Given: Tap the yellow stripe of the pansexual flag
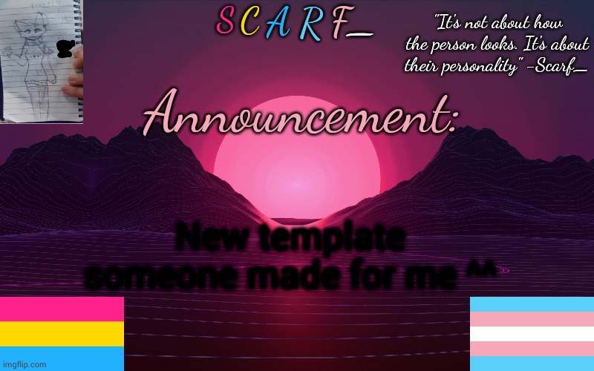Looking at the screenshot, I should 62,333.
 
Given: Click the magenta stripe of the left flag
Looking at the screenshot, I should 62,309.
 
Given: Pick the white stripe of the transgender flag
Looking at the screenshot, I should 532,334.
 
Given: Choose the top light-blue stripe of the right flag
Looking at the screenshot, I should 532,304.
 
